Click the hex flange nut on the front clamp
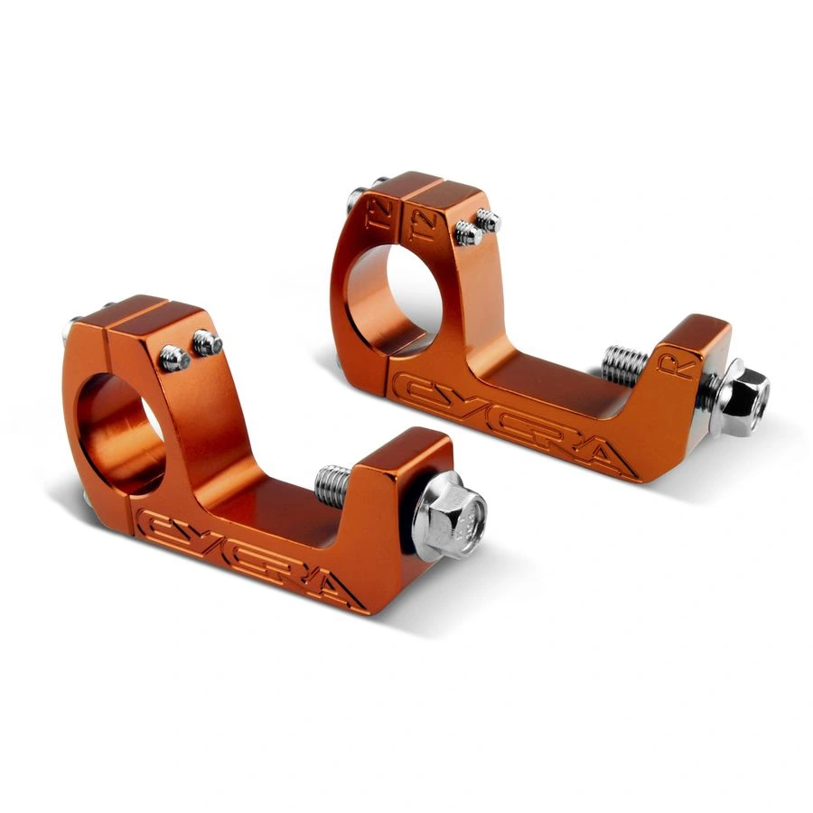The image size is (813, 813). pos(452,518)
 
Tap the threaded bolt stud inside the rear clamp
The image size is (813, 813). pos(623,363)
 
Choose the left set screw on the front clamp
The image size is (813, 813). pos(174,359)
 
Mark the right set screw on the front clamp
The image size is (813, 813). pos(207,342)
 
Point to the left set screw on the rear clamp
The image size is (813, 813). pos(468,233)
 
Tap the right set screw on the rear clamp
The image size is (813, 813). pos(488,220)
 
